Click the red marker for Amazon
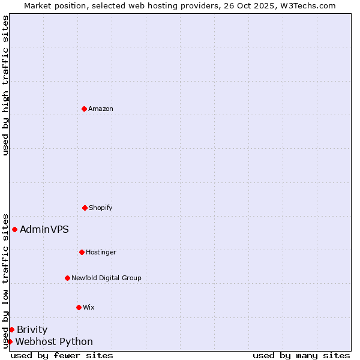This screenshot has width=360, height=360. click(84, 109)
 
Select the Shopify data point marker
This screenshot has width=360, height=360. click(85, 208)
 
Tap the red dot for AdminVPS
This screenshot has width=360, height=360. click(14, 229)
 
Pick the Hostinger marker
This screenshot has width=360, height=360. click(82, 252)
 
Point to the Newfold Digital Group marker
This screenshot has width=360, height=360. click(67, 278)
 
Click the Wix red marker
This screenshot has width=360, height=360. click(79, 307)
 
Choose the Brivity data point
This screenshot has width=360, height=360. click(11, 329)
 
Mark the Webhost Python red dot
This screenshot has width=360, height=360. click(10, 341)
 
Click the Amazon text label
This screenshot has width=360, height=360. click(101, 109)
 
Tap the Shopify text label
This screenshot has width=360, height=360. click(101, 208)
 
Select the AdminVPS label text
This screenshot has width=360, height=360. click(44, 229)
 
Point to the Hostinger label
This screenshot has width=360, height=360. click(101, 252)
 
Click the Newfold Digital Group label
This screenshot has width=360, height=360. click(106, 278)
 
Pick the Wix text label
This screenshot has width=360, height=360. click(89, 307)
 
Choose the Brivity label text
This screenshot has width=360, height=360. click(32, 329)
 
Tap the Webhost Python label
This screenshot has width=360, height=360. click(54, 341)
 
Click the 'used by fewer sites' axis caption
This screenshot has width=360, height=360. click(62, 355)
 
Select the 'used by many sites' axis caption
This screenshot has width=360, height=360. click(301, 355)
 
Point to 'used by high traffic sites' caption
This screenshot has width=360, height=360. click(5, 85)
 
